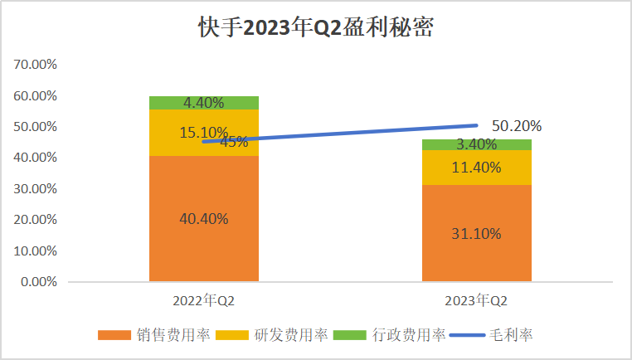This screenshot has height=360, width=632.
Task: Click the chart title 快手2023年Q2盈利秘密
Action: click(x=315, y=27)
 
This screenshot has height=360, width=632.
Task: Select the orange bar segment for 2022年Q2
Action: click(x=203, y=241)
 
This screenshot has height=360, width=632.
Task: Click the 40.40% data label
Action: click(x=203, y=219)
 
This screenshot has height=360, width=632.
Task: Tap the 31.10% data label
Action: click(x=476, y=234)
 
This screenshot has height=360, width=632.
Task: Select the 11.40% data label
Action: click(x=476, y=168)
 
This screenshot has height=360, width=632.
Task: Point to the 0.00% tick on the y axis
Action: click(x=38, y=282)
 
